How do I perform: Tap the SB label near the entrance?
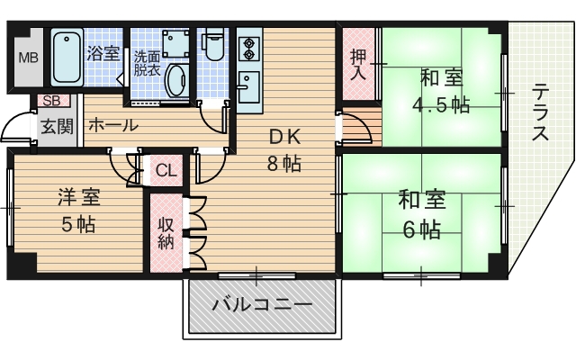click(49, 101)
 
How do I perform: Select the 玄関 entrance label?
click(56, 125)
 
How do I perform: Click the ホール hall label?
click(113, 125)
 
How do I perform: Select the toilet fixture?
click(213, 47)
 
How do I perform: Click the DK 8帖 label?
click(282, 151)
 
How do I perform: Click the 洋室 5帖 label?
click(79, 210)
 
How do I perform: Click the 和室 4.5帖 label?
click(439, 90)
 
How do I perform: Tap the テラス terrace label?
click(540, 113)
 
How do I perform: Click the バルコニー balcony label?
click(263, 305)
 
